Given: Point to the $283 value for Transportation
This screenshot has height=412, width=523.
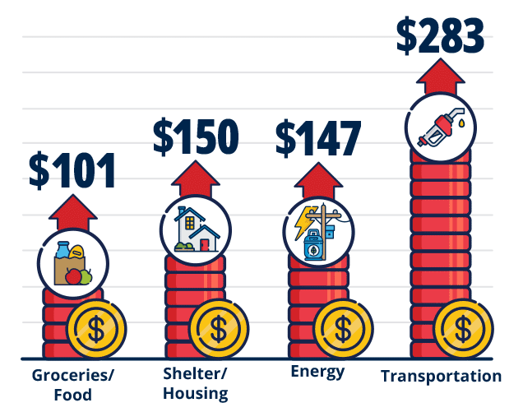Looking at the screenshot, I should [x=440, y=34].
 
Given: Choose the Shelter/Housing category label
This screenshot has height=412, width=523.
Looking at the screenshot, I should [x=195, y=382].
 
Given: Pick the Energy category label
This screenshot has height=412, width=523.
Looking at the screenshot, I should [x=317, y=372].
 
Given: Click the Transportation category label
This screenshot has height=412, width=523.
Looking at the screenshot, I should [x=441, y=376].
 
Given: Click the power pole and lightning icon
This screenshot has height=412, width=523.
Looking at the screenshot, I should [x=318, y=230].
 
